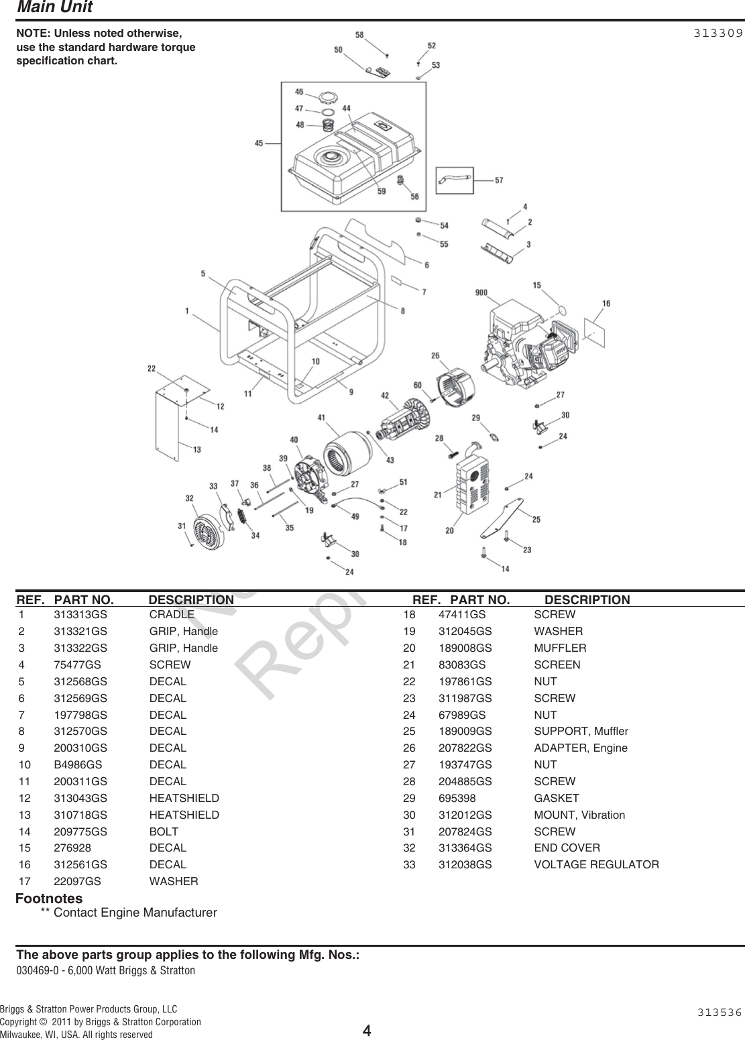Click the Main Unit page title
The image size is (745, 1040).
[x=54, y=7]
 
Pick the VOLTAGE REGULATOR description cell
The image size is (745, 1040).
[x=596, y=864]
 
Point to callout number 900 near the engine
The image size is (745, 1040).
[x=481, y=292]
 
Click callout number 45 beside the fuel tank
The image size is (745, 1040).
[x=259, y=142]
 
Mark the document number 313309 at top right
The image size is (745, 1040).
[x=718, y=32]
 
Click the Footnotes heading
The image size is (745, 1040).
[x=49, y=898]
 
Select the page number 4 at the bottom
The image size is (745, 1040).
[x=367, y=1029]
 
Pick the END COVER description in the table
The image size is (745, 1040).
[x=567, y=848]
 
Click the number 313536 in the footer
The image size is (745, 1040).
[x=718, y=1012]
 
